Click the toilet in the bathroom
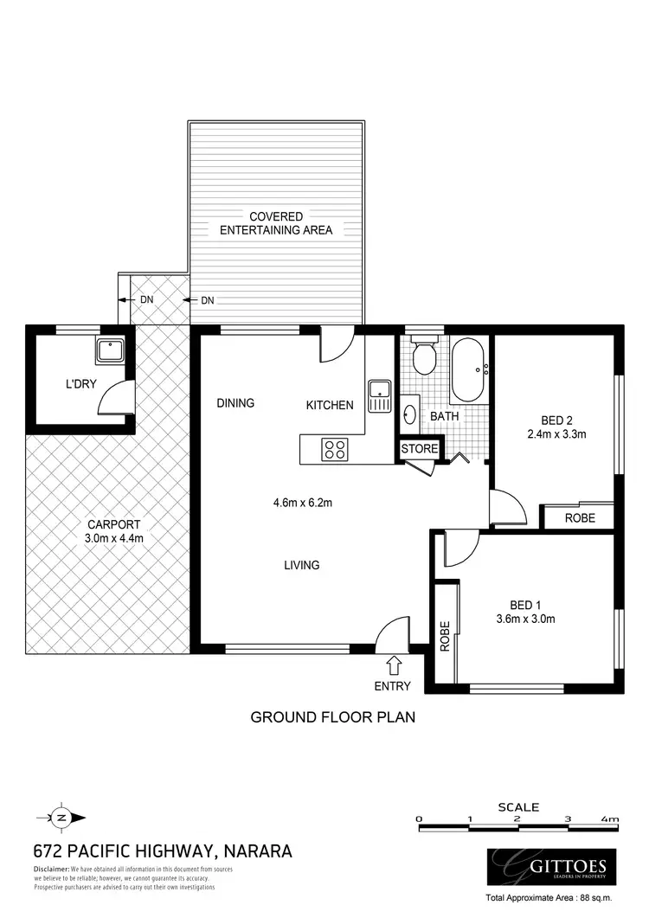click(424, 357)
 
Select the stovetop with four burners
click(335, 449)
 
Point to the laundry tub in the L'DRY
click(111, 351)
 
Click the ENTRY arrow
click(394, 664)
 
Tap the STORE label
click(420, 449)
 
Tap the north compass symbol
click(61, 816)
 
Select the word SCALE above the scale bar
click(518, 806)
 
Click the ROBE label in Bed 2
click(579, 518)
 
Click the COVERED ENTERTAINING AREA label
click(276, 223)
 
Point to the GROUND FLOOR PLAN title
click(333, 716)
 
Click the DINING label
click(235, 402)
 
